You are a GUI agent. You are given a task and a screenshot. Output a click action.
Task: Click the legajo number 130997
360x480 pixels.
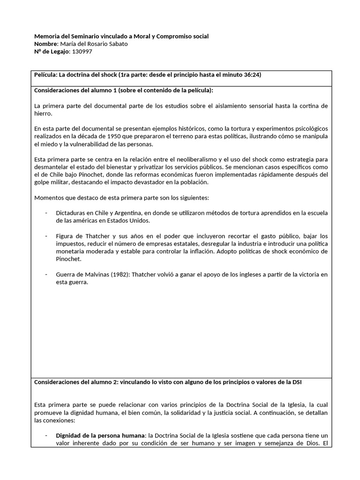[81, 52]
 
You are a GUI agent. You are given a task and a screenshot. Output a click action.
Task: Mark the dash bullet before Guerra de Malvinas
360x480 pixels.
[46, 274]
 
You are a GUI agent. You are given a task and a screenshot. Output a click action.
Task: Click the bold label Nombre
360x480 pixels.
[46, 44]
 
